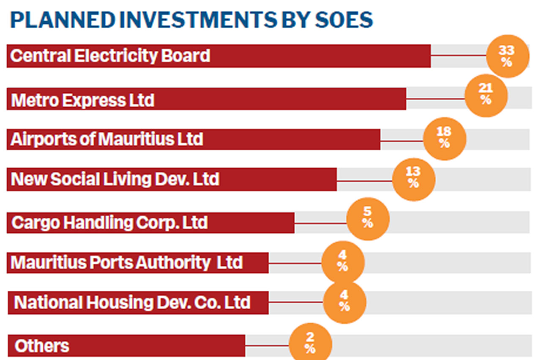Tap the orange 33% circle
508,56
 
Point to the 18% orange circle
445,138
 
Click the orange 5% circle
368,219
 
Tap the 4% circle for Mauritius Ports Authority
343,262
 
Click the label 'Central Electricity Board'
110,55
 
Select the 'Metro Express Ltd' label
83,100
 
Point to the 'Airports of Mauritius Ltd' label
107,139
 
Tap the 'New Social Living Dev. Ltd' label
115,179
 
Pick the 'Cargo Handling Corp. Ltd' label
109,222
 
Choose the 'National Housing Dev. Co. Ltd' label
132,303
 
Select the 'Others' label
42,346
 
